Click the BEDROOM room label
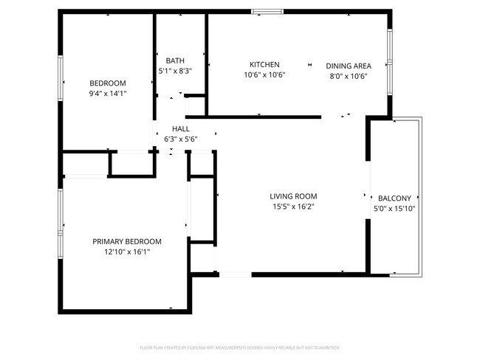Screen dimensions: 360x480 (x=107, y=83)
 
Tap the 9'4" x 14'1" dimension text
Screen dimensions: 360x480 (x=107, y=94)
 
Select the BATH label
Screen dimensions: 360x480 (x=175, y=60)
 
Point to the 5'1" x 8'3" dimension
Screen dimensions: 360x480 (x=175, y=72)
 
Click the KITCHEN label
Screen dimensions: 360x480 (x=264, y=64)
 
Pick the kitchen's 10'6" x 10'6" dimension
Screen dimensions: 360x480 (x=264, y=75)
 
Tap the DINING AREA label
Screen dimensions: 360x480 (x=349, y=65)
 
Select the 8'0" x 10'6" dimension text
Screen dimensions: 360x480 (x=349, y=76)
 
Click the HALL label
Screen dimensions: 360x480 (x=181, y=128)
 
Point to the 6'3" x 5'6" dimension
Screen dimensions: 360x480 (x=181, y=138)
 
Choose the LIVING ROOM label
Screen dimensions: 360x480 (x=293, y=196)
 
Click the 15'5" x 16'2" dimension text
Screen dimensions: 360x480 (x=293, y=207)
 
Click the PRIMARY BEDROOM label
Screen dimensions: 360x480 (x=127, y=241)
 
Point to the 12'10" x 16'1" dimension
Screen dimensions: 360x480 (x=127, y=252)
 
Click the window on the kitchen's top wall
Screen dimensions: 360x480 (x=267, y=12)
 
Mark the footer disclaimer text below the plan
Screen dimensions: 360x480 (x=239, y=347)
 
